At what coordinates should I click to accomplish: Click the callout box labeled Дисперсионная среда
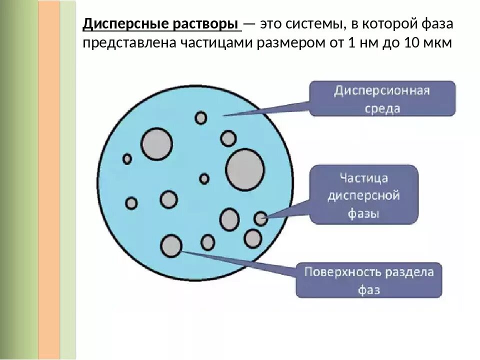[382, 99]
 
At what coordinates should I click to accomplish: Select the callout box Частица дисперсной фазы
[363, 195]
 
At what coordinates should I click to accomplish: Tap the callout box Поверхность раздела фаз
[369, 280]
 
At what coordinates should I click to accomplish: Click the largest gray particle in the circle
[245, 169]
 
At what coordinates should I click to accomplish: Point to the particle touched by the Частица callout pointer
[260, 218]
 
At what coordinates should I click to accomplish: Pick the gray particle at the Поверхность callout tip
[171, 245]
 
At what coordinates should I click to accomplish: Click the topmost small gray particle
[201, 117]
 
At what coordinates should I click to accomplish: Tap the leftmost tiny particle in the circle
[127, 159]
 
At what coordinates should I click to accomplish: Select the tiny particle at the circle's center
[204, 178]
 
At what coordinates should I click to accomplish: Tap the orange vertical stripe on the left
[49, 180]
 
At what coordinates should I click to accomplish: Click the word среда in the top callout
[382, 108]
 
